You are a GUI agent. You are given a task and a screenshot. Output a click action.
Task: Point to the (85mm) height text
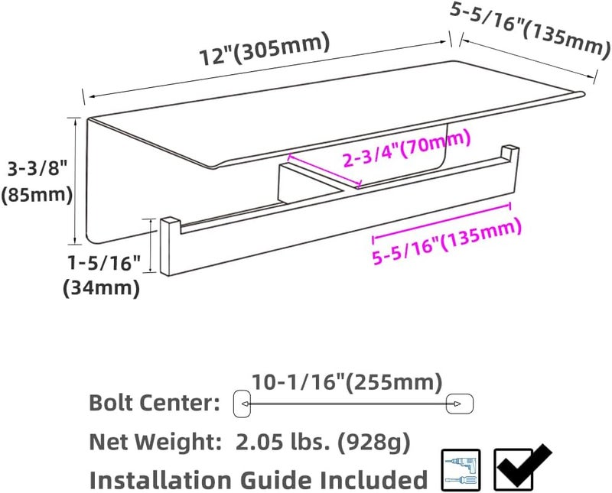(x=37, y=195)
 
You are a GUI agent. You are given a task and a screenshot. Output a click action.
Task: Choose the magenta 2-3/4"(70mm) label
(x=405, y=149)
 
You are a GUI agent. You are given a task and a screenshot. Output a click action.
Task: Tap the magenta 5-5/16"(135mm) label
(x=447, y=241)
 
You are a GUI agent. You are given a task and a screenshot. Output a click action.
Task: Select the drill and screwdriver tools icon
(x=461, y=469)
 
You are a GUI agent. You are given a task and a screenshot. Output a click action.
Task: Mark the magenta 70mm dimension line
(x=321, y=173)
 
